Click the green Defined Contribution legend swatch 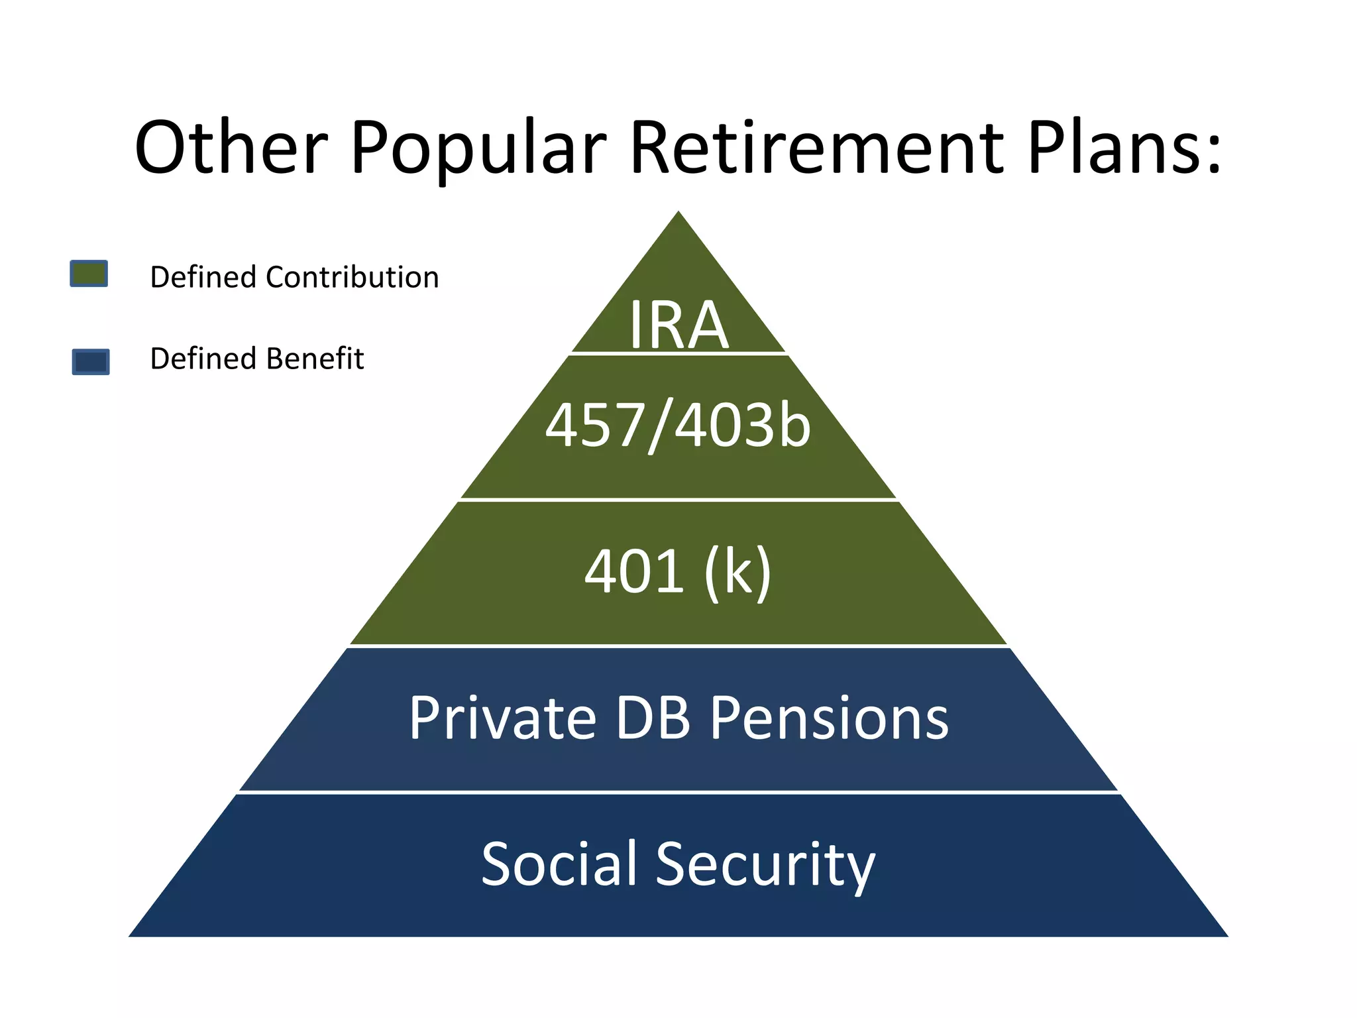(x=89, y=274)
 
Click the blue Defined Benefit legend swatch (x=91, y=362)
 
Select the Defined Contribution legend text (x=294, y=277)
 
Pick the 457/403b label (x=678, y=425)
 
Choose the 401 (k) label (x=678, y=571)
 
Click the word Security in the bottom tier (x=765, y=865)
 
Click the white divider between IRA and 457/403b (x=678, y=354)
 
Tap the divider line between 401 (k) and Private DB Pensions (x=678, y=646)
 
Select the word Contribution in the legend (x=352, y=277)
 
